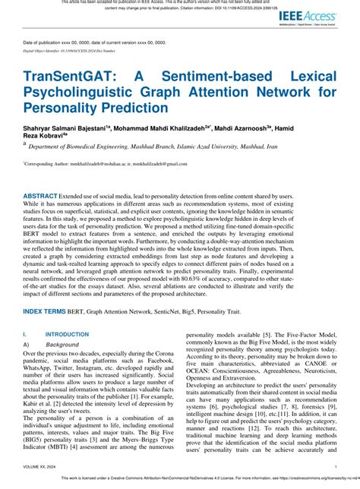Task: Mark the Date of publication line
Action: (95, 43)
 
